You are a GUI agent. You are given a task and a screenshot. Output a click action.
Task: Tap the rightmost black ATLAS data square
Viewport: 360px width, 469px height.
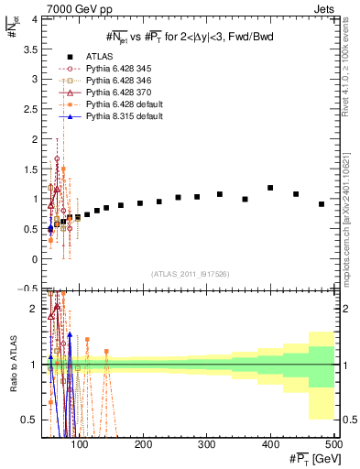pyautogui.click(x=322, y=204)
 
